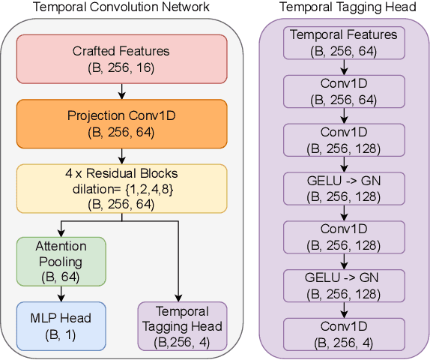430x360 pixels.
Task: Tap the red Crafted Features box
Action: point(121,58)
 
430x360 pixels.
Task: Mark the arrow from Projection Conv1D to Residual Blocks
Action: point(121,155)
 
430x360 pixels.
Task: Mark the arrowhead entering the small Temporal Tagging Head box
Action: point(178,298)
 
